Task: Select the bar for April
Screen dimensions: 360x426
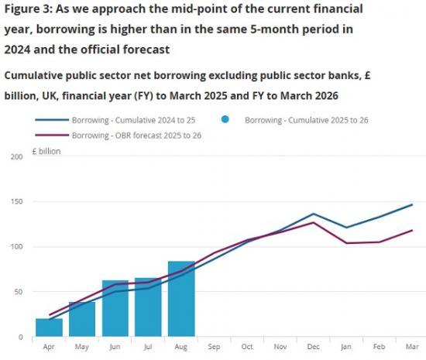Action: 49,327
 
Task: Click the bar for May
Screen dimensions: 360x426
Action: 82,319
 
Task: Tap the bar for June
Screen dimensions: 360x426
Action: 115,309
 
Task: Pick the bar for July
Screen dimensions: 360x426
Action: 148,308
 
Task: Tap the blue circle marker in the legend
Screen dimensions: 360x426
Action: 225,121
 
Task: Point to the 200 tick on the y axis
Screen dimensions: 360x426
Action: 16,157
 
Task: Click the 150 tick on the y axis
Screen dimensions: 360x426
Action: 16,202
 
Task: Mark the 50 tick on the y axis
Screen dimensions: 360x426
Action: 18,292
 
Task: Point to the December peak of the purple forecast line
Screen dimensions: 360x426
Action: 313,223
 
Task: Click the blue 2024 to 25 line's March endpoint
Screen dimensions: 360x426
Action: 412,205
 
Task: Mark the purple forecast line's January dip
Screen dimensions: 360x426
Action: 346,243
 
